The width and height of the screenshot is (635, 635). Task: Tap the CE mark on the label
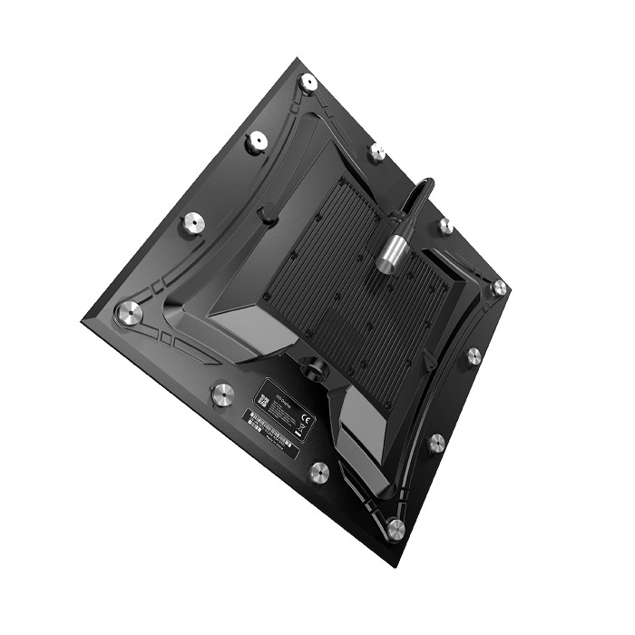pyautogui.click(x=306, y=419)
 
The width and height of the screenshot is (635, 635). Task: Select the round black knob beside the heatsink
pyautogui.click(x=267, y=215)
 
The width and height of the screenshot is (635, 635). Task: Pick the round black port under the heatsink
pyautogui.click(x=313, y=366)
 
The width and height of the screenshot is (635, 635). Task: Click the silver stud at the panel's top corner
pyautogui.click(x=308, y=83)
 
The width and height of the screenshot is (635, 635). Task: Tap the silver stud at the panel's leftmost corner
pyautogui.click(x=129, y=314)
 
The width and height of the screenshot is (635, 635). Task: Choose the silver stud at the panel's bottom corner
pyautogui.click(x=395, y=529)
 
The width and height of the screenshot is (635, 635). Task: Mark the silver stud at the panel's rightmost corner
pyautogui.click(x=498, y=288)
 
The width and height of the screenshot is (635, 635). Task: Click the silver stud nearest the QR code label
pyautogui.click(x=221, y=394)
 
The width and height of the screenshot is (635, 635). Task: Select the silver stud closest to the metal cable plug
pyautogui.click(x=444, y=225)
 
